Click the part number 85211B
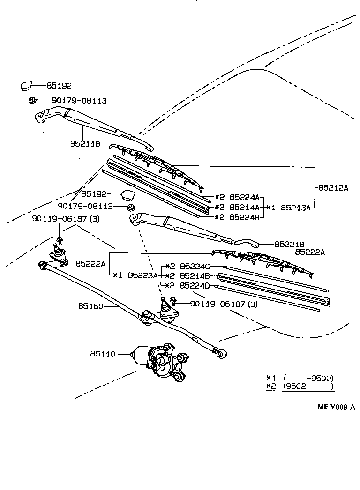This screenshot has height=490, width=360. (85, 144)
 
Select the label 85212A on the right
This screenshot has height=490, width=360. (334, 188)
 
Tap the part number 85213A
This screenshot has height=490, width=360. (295, 207)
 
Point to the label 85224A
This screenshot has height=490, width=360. (244, 197)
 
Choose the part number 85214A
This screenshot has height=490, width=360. (244, 207)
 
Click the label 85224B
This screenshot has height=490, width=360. (244, 217)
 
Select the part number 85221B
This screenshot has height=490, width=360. (290, 244)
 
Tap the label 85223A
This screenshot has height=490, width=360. (142, 275)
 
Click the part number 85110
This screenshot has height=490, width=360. (102, 354)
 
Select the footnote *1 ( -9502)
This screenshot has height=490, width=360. (300, 378)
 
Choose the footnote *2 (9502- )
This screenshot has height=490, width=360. (300, 386)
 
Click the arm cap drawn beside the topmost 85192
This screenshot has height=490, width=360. (26, 85)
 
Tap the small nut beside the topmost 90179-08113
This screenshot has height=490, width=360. (32, 100)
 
